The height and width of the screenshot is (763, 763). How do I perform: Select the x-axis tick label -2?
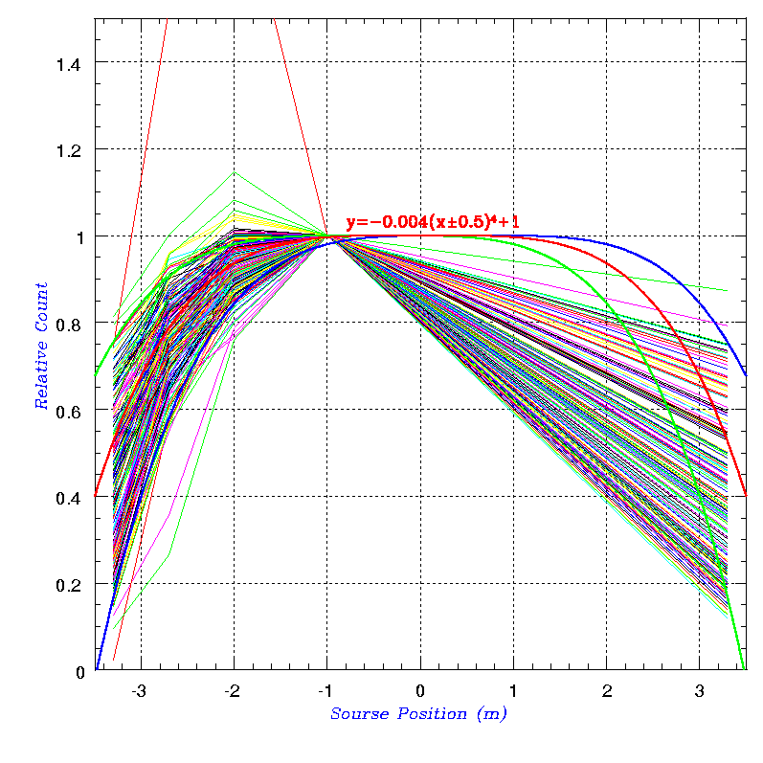click(x=231, y=690)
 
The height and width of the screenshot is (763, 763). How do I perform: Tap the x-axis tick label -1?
click(x=324, y=690)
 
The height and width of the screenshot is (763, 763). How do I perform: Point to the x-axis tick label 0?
click(x=419, y=690)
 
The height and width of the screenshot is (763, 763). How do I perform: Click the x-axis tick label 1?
click(x=512, y=690)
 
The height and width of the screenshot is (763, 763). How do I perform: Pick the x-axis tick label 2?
click(x=605, y=690)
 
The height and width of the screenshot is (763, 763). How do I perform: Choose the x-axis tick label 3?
click(x=698, y=690)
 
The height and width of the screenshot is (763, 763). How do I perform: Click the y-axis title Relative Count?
click(x=41, y=346)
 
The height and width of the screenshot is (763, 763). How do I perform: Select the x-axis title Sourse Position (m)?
click(x=418, y=714)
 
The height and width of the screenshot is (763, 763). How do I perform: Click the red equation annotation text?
click(x=433, y=222)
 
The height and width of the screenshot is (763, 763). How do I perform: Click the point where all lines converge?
click(x=327, y=236)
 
